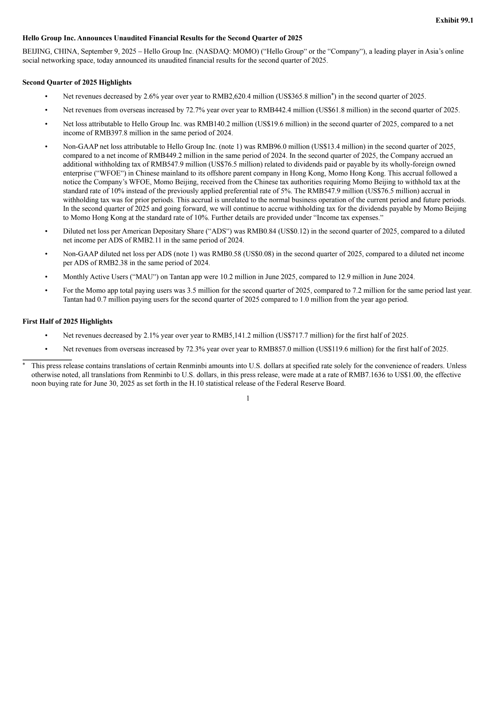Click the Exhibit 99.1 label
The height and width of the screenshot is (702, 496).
[x=454, y=20]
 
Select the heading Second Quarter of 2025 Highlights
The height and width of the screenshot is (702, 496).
[x=77, y=82]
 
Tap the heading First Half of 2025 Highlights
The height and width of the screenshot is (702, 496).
[x=67, y=322]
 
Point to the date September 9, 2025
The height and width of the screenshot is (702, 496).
[x=108, y=51]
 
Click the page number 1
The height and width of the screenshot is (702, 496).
[x=248, y=398]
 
